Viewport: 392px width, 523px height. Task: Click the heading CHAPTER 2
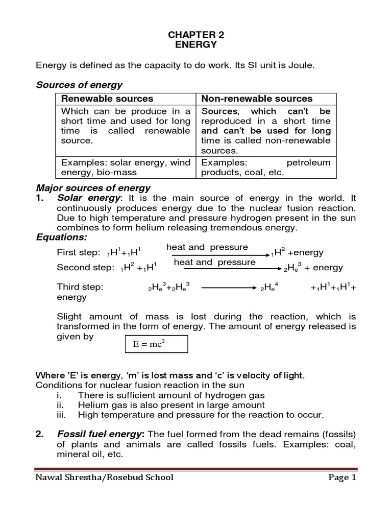click(197, 35)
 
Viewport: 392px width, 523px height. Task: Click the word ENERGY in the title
click(197, 45)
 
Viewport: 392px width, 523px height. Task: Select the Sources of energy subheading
click(79, 85)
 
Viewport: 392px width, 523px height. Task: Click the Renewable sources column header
click(107, 99)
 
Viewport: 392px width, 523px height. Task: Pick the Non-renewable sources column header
click(257, 99)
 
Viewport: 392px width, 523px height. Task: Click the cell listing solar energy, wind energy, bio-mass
click(126, 168)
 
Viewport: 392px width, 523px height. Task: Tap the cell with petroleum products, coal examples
click(265, 168)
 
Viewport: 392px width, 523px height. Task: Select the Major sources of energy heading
click(93, 188)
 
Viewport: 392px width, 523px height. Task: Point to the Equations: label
click(62, 237)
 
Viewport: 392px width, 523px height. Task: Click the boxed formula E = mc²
click(156, 344)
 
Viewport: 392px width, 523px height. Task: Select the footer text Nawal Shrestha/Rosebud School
click(104, 478)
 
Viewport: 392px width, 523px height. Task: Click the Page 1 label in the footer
click(339, 478)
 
